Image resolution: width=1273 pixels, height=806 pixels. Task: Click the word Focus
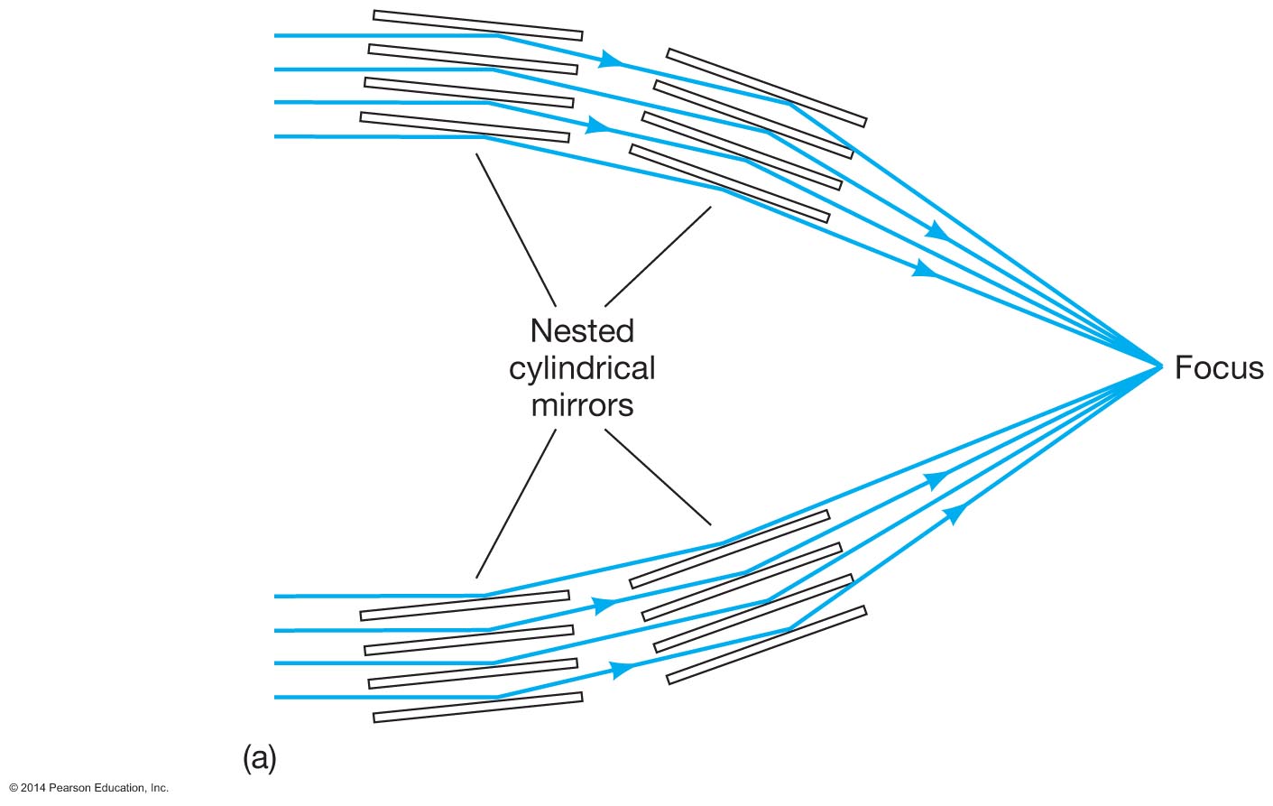[x=1218, y=368]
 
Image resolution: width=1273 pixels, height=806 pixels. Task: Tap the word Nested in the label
[x=582, y=331]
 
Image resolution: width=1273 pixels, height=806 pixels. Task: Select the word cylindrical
[x=582, y=369]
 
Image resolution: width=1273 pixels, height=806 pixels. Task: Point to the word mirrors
[x=582, y=405]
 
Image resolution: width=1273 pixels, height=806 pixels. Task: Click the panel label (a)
[x=259, y=758]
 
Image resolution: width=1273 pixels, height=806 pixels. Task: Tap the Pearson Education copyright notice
[x=88, y=788]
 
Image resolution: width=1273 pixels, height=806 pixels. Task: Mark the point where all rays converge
[x=1161, y=366]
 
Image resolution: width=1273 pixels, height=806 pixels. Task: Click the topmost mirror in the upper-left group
[x=477, y=25]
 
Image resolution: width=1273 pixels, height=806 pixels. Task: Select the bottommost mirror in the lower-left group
[x=477, y=708]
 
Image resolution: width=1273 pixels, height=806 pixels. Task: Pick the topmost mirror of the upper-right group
[x=766, y=88]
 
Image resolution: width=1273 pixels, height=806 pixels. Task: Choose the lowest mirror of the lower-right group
[x=766, y=645]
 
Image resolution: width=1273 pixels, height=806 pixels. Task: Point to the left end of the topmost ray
[x=276, y=35]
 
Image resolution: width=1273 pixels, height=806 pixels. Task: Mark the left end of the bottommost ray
[x=276, y=697]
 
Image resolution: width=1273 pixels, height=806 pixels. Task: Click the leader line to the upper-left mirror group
[x=515, y=229]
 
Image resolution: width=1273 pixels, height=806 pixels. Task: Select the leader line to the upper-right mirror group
[x=658, y=256]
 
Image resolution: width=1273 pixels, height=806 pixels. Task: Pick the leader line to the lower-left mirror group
[x=515, y=504]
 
